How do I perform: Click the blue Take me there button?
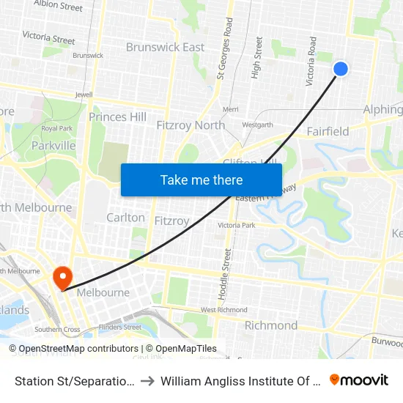(202, 180)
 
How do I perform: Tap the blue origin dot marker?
(341, 69)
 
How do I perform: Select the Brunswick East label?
(165, 47)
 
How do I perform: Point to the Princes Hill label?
(117, 117)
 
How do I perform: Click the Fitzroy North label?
(191, 125)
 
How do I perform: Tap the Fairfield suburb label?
(328, 132)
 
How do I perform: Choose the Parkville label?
(53, 146)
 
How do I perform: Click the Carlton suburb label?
(125, 218)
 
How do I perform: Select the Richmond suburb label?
(270, 325)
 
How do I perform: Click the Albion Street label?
(58, 7)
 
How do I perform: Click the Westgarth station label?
(257, 125)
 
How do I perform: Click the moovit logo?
(359, 380)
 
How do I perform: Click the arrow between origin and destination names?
(147, 380)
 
